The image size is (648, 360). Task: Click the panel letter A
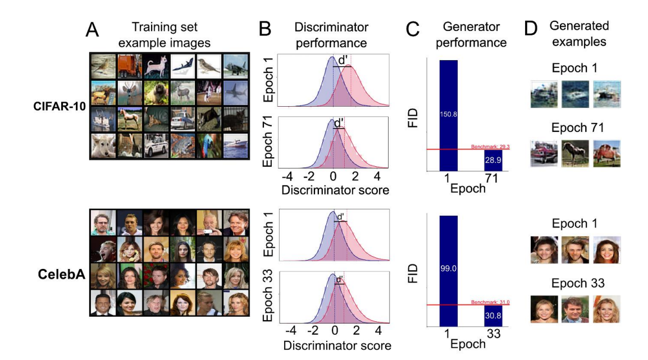92,30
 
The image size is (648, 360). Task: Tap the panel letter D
531,29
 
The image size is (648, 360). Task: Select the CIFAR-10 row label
59,106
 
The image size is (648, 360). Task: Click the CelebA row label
62,274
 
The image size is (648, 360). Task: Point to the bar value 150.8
449,114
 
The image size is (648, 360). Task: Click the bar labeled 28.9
493,161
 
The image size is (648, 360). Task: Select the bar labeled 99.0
449,271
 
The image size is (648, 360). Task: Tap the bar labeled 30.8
493,316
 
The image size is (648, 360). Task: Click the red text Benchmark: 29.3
490,147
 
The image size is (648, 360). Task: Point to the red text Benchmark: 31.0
490,302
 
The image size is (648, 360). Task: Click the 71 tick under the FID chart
491,178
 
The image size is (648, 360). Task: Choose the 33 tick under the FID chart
494,334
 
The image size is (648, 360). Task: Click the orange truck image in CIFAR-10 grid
129,66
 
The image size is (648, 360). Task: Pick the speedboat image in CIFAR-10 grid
236,145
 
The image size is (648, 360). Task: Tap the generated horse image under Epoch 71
575,153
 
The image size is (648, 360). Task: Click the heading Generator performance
471,34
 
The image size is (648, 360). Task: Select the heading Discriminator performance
331,35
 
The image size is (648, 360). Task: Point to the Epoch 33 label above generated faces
578,283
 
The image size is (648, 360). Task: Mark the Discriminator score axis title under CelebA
337,345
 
